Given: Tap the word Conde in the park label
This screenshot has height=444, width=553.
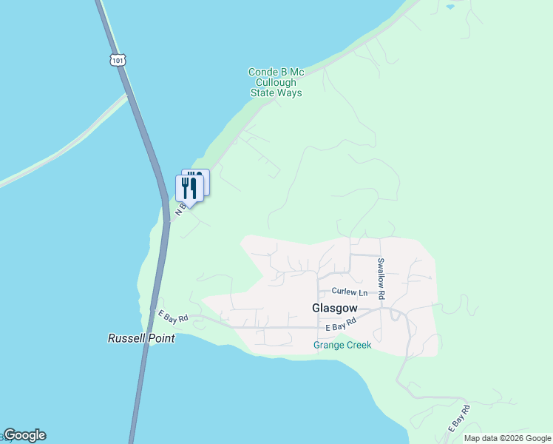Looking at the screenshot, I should point(261,72).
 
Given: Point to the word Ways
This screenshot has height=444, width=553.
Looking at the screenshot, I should point(290,93).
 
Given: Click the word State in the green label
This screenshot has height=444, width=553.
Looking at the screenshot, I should point(263,93).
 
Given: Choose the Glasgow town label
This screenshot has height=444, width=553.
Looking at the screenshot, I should point(334,307).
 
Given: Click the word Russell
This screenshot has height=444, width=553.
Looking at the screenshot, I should point(128,338).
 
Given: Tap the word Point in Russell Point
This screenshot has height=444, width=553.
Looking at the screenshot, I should point(162,338).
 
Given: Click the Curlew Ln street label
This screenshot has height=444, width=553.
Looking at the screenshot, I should point(349,292).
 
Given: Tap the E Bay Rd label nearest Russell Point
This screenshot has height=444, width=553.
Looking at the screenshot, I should point(174,315).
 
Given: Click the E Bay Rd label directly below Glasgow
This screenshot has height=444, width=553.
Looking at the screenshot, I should point(341,324).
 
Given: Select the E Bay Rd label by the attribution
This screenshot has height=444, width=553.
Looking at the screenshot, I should point(459,418).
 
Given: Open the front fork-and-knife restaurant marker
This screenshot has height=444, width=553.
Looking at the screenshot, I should point(189,189).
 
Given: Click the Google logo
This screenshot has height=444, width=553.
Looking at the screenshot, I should point(24,435).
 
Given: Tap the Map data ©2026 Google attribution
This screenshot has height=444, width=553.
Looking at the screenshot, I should point(507,438).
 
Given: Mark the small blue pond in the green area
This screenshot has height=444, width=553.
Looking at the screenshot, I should point(450,7).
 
